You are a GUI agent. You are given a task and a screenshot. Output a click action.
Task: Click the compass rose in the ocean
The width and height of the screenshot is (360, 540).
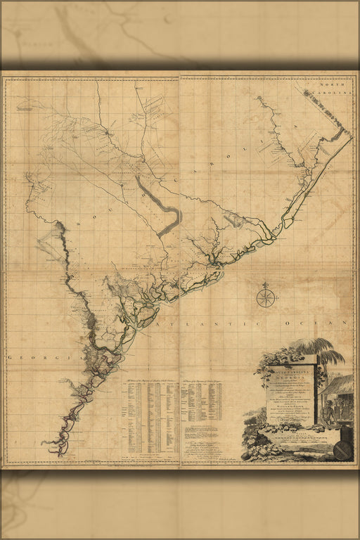(x=266, y=297)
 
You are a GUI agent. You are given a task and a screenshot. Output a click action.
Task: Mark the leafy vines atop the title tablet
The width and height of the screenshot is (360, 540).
(x=278, y=361)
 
